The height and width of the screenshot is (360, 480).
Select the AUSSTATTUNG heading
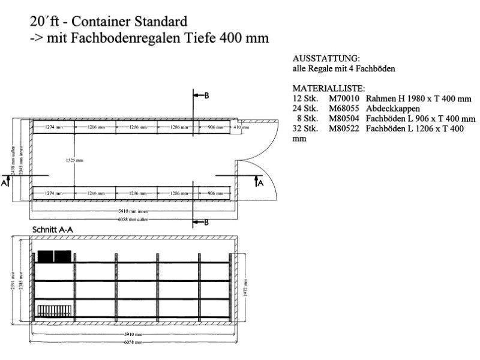click(326, 59)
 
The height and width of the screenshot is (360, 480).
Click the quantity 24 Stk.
click(302, 109)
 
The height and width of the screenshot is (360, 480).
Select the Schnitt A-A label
click(52, 230)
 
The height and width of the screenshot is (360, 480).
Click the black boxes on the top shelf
click(55, 256)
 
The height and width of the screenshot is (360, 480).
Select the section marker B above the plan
click(205, 97)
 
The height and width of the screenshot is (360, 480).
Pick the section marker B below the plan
click(205, 223)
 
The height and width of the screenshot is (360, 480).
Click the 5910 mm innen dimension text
click(133, 211)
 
